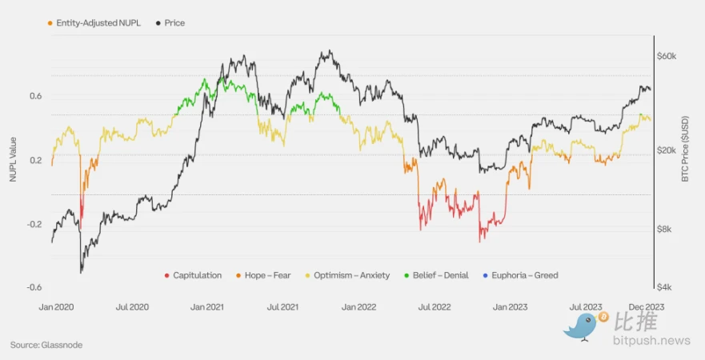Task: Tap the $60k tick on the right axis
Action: click(667, 57)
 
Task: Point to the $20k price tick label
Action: click(667, 150)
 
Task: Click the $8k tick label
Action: click(666, 230)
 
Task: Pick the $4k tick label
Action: click(666, 287)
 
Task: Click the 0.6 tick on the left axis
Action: click(36, 96)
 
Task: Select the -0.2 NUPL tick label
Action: click(34, 224)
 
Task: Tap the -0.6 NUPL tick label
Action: click(34, 287)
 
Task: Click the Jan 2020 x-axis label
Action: click(56, 306)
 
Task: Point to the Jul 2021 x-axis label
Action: click(283, 306)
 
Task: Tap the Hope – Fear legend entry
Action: click(264, 275)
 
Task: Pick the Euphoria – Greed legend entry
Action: click(525, 275)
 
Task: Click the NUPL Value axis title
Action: click(13, 159)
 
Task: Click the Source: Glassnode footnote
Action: click(46, 345)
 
